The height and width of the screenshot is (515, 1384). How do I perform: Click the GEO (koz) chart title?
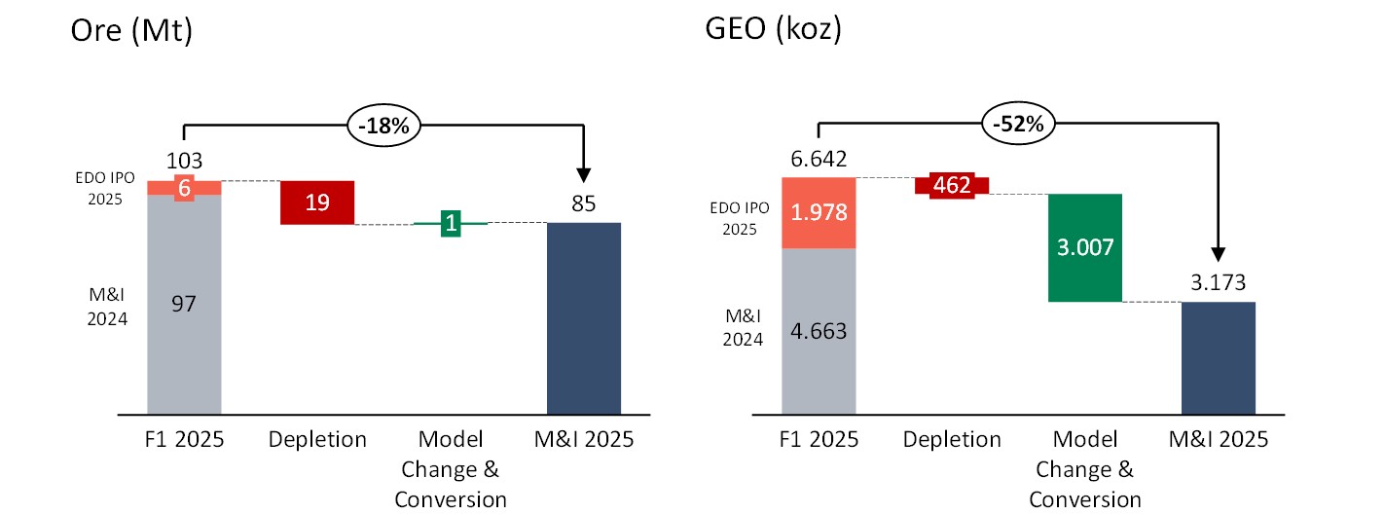pyautogui.click(x=773, y=30)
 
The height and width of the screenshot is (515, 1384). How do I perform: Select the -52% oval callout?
pyautogui.click(x=1017, y=125)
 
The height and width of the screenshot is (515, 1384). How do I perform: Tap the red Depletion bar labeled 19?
pyautogui.click(x=316, y=202)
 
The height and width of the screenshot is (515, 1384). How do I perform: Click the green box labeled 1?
pyautogui.click(x=451, y=223)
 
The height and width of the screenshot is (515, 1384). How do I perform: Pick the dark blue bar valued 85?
pyautogui.click(x=584, y=317)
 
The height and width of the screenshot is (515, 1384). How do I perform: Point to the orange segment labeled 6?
pyautogui.click(x=184, y=188)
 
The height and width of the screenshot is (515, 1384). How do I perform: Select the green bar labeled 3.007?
pyautogui.click(x=1084, y=247)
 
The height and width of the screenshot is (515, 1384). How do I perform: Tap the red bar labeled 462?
pyautogui.click(x=952, y=185)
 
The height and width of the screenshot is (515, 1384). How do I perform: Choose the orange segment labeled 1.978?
pyautogui.click(x=819, y=212)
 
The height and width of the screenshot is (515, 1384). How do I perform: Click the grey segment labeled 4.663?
pyautogui.click(x=819, y=330)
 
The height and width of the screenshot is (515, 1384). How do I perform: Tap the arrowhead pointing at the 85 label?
pyautogui.click(x=584, y=173)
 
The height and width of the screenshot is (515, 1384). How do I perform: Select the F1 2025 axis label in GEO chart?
pyautogui.click(x=819, y=440)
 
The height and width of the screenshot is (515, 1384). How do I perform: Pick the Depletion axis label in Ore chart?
pyautogui.click(x=316, y=440)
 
